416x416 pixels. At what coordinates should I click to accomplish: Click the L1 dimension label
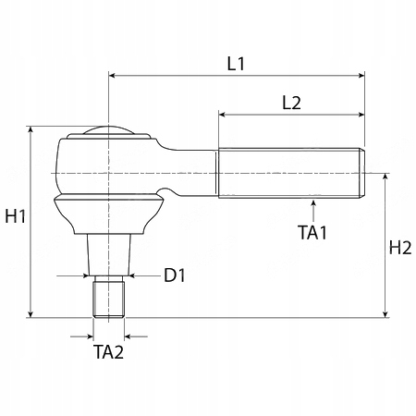pyautogui.click(x=236, y=64)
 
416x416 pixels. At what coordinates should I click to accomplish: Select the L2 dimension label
pyautogui.click(x=291, y=103)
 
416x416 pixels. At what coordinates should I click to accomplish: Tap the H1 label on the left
pyautogui.click(x=16, y=216)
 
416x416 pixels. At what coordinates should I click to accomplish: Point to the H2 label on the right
pyautogui.click(x=400, y=248)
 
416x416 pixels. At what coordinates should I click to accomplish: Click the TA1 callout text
pyautogui.click(x=312, y=233)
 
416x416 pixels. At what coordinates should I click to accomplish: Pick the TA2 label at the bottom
pyautogui.click(x=108, y=352)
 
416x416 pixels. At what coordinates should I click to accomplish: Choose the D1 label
pyautogui.click(x=175, y=275)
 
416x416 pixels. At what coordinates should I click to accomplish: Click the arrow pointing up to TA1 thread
pyautogui.click(x=313, y=211)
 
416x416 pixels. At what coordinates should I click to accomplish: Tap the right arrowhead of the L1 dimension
pyautogui.click(x=361, y=76)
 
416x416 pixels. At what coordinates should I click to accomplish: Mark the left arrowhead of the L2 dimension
pyautogui.click(x=223, y=115)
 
